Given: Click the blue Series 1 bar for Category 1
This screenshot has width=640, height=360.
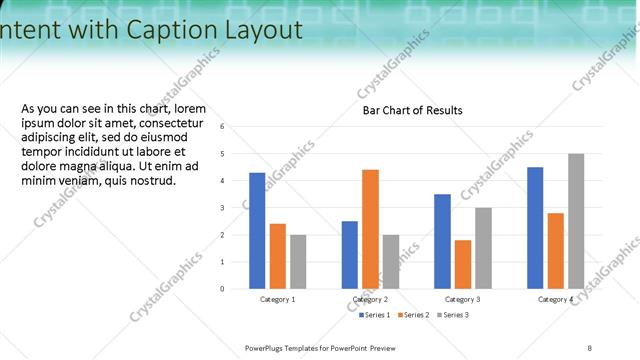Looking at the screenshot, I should coord(257,231).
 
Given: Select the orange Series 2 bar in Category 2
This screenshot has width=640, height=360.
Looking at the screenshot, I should coord(370,229).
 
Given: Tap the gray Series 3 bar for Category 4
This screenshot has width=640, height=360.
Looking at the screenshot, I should coord(576,221).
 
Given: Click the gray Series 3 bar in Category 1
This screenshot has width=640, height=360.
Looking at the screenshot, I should coord(298,262).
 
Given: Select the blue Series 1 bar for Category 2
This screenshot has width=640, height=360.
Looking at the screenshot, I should coord(349,255).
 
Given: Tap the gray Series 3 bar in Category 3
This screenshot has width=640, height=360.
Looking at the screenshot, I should coord(483,248).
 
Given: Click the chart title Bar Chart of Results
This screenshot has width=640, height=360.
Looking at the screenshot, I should coord(412,110).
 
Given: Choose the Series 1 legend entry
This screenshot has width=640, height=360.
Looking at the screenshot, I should coord(376,315).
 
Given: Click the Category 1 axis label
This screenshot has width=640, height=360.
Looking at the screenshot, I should coord(277,299).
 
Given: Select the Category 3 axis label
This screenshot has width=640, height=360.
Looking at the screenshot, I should coord(462,299).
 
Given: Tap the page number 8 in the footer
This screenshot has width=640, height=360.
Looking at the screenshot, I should coord(590,347).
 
